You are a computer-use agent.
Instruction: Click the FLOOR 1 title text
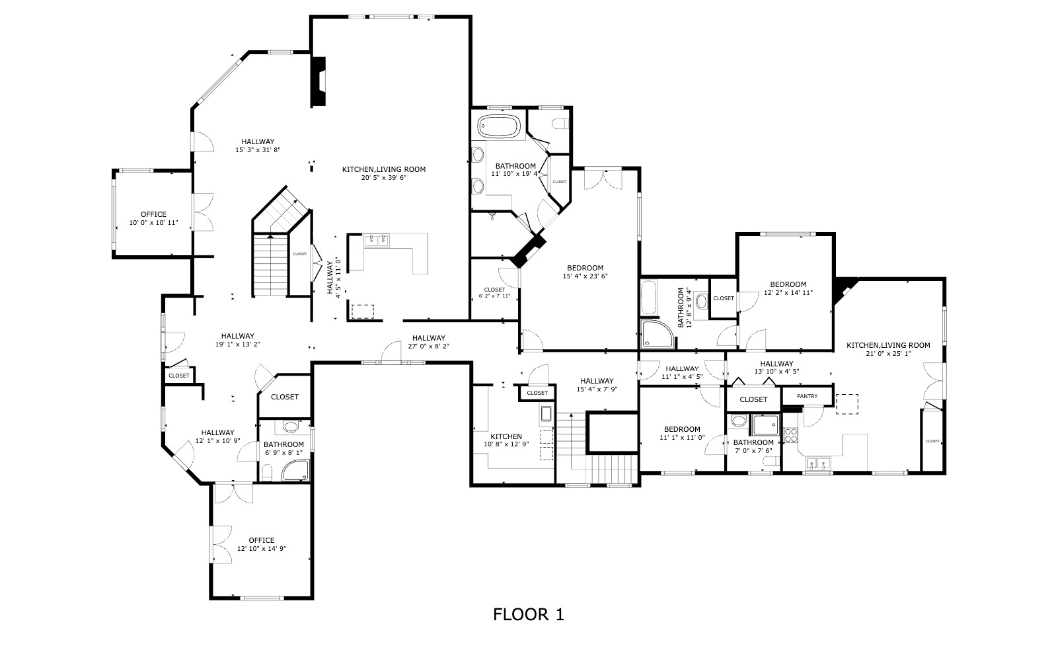(528, 614)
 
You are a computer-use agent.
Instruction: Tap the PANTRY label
(807, 396)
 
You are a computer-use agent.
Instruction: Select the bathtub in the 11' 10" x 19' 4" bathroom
(500, 125)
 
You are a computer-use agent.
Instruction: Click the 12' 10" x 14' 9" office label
(261, 544)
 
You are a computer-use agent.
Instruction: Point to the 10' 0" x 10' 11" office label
(153, 218)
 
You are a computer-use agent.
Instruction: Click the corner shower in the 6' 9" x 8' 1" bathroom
(295, 470)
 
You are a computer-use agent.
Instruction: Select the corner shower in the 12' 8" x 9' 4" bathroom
(658, 334)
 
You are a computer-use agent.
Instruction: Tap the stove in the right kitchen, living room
(790, 435)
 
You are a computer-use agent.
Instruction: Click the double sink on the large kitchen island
(379, 240)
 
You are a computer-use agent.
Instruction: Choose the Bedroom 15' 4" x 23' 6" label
(585, 272)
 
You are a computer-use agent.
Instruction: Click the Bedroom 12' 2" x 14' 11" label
(788, 288)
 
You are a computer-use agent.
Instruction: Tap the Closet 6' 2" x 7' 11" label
(494, 292)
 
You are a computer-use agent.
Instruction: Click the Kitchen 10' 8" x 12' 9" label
(506, 440)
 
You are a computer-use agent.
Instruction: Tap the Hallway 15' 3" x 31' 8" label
(257, 145)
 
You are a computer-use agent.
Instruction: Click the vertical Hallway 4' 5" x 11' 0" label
(334, 279)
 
